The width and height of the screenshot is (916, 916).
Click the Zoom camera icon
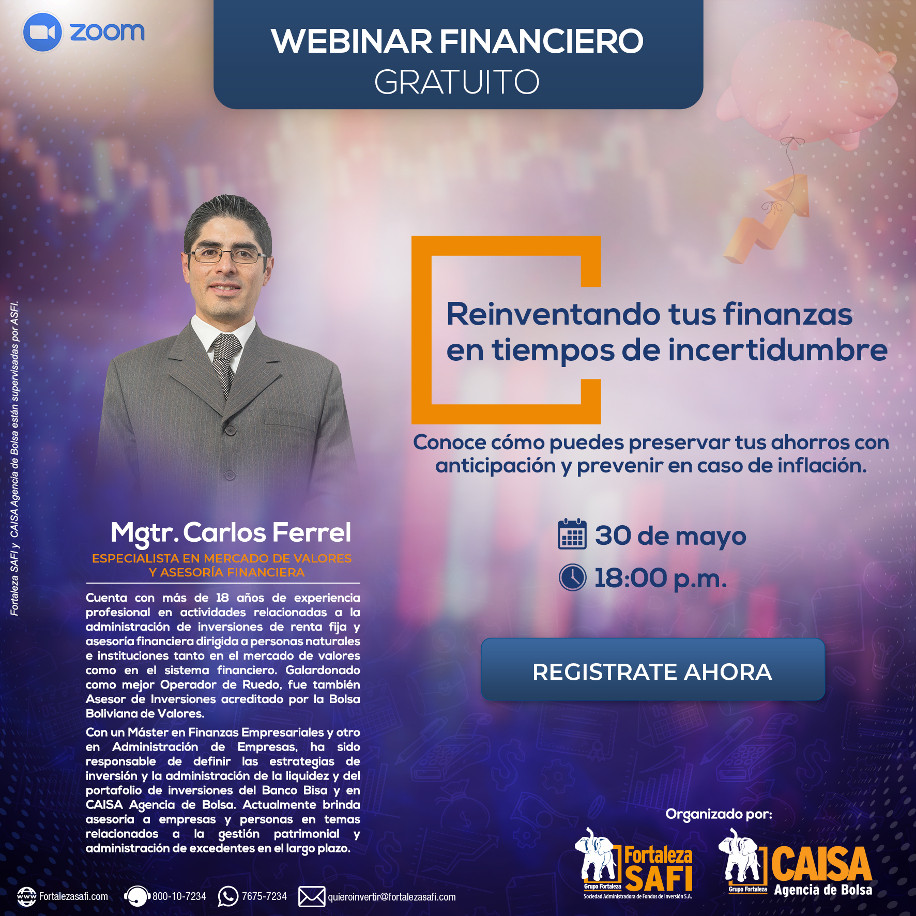(x=42, y=32)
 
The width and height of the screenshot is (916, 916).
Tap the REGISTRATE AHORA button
(x=653, y=670)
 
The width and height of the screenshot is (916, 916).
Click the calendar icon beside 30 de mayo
(x=572, y=534)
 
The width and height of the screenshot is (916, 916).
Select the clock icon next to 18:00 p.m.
(x=573, y=577)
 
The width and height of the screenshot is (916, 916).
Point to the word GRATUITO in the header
(x=457, y=82)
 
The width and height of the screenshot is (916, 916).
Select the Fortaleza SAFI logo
(x=635, y=864)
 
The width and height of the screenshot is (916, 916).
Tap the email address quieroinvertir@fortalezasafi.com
(x=392, y=897)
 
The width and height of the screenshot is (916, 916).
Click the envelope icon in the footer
(x=312, y=896)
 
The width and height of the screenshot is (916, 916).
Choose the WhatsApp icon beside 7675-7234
(x=228, y=896)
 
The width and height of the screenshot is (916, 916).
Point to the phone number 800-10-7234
(x=179, y=896)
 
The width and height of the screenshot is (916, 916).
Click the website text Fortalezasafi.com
(x=73, y=896)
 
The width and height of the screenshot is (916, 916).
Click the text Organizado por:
(x=719, y=814)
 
